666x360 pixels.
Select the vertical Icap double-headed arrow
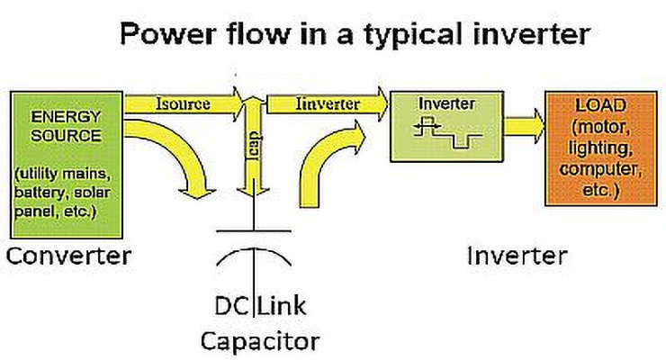(256, 148)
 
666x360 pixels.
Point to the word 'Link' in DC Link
(283, 306)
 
